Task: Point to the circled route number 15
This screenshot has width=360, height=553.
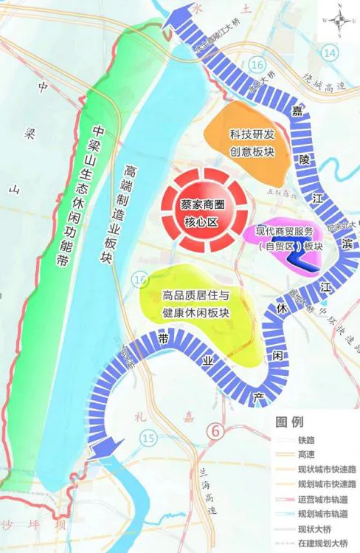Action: tap(148, 440)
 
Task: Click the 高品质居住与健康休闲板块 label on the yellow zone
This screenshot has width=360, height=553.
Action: tap(196, 304)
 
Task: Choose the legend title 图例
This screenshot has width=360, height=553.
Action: tap(289, 423)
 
